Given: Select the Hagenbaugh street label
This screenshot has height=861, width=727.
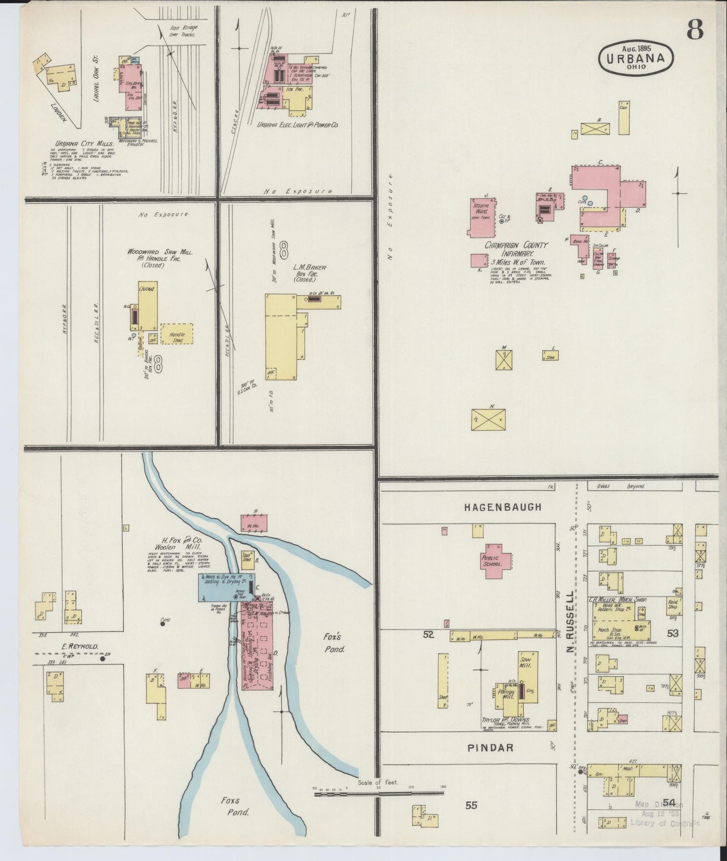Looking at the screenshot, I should pyautogui.click(x=503, y=507).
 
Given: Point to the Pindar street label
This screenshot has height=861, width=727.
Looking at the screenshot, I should pyautogui.click(x=491, y=747).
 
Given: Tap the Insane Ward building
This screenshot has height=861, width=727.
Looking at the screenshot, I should pyautogui.click(x=480, y=217).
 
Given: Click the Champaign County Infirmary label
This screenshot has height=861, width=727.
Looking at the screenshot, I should pyautogui.click(x=517, y=249).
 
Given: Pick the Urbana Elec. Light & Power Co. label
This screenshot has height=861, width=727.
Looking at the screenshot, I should pyautogui.click(x=297, y=124).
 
